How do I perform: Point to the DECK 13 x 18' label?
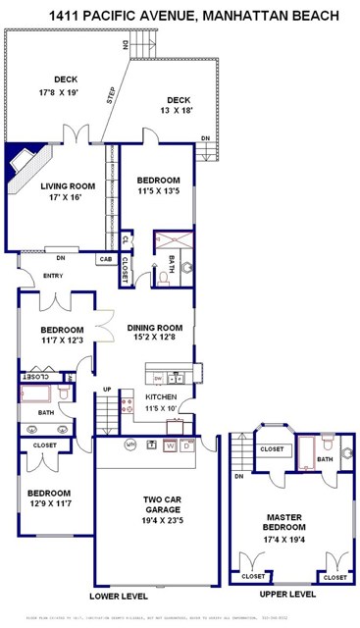coord(178,111)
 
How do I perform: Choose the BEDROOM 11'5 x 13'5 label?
coord(158,186)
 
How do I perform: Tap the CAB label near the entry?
coord(105,259)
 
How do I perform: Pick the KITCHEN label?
coord(159,397)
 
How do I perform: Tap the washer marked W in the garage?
coord(170,445)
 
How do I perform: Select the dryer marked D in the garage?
coord(187,445)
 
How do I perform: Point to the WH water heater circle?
coord(129,445)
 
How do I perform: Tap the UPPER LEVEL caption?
coord(287,595)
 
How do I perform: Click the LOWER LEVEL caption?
coord(118,595)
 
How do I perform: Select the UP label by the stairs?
coord(108,390)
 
